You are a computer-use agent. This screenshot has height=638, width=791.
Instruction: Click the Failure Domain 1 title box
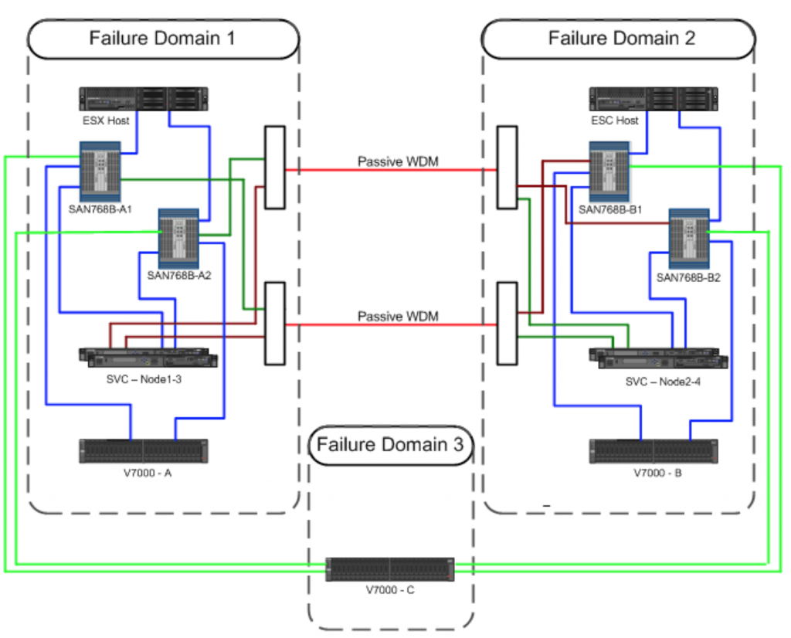click(162, 39)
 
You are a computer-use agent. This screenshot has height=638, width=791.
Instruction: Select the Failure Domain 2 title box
click(618, 39)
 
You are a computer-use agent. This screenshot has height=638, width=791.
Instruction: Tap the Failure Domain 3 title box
click(390, 445)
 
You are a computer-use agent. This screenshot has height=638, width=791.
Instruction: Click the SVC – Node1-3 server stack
click(148, 357)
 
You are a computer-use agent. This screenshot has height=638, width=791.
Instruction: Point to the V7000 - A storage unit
click(144, 451)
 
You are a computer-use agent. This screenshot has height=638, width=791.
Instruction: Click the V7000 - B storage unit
click(654, 451)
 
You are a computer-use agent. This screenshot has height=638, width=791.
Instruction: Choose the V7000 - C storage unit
click(390, 569)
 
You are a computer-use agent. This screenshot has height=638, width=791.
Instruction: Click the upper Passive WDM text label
click(398, 162)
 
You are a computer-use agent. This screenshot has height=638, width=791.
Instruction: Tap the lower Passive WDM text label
click(398, 317)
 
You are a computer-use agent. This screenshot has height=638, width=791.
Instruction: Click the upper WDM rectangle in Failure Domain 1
click(274, 168)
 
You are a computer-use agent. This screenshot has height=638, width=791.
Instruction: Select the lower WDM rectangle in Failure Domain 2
click(507, 323)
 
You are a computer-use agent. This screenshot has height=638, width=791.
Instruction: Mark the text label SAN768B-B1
click(610, 209)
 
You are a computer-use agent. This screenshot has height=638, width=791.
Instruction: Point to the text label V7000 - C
click(390, 590)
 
